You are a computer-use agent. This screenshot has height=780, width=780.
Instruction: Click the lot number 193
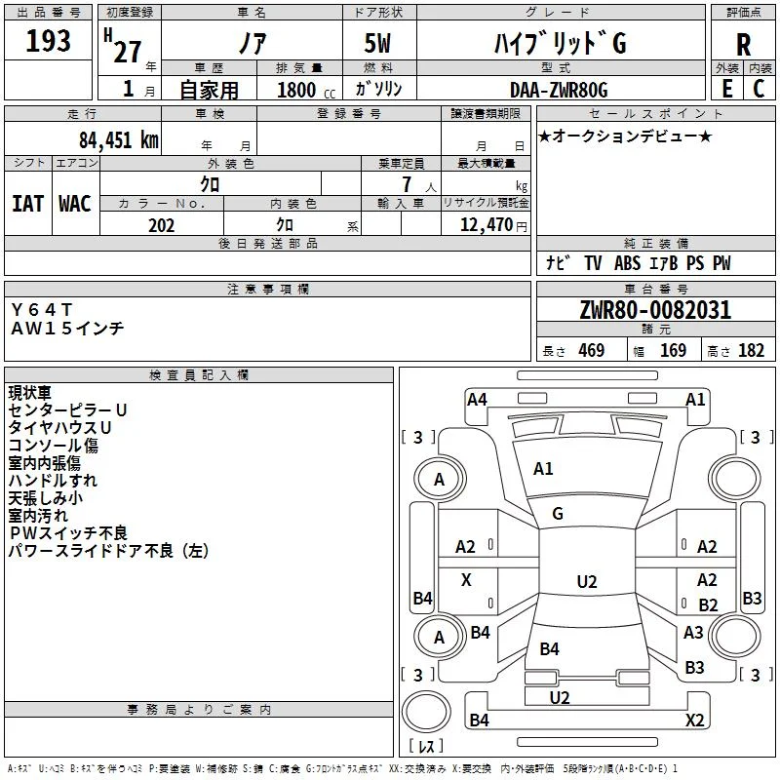tap(48, 40)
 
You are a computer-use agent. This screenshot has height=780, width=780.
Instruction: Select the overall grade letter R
tap(743, 45)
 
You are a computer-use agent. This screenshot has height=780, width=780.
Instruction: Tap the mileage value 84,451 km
tap(118, 140)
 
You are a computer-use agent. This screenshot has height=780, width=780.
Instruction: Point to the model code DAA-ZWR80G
tap(559, 90)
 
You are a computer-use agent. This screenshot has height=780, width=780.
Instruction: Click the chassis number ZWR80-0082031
tap(655, 310)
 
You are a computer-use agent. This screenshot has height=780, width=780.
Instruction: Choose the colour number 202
tap(161, 225)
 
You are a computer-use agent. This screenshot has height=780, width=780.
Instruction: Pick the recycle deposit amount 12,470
tap(486, 225)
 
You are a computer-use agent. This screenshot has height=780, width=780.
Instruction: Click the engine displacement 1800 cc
tap(306, 90)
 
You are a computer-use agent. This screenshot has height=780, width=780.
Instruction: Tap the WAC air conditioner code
tap(75, 204)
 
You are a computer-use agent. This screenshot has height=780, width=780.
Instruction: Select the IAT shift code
tap(28, 204)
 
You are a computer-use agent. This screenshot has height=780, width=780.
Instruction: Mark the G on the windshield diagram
tap(558, 514)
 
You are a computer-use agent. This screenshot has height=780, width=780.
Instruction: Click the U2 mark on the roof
tap(587, 581)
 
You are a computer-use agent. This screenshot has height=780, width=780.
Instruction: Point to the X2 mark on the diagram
tap(694, 720)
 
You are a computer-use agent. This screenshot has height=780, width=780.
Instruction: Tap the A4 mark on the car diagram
tap(477, 400)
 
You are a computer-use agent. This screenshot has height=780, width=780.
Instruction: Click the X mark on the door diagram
tap(466, 579)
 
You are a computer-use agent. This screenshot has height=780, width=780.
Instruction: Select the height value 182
tap(751, 351)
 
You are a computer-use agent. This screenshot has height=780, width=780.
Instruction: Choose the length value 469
tap(592, 351)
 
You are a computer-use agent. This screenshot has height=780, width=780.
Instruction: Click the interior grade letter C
tap(759, 89)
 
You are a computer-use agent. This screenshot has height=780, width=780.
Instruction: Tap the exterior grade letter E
tap(726, 89)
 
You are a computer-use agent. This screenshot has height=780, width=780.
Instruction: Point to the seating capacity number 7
tap(407, 184)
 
